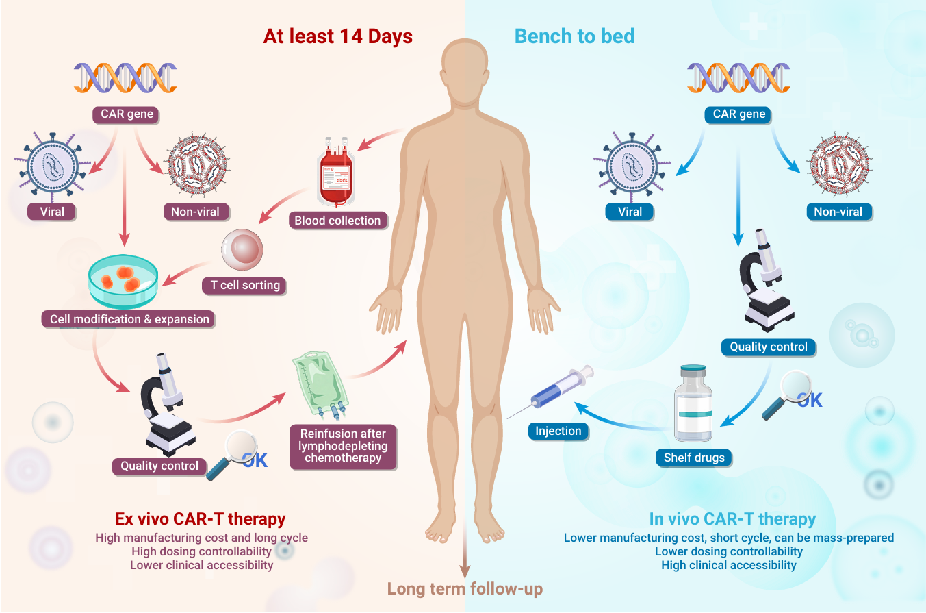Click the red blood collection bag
pos(335,172)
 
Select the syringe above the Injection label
pos(551,391)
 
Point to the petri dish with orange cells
pos(123,282)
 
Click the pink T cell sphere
pos(242,249)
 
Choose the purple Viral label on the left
pos(52,212)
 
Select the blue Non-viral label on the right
pos(839,212)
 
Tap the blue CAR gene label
pos(738,114)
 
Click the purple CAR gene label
pos(126,114)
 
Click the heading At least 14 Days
pos(337,36)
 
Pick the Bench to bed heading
pos(574,36)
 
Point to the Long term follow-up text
pos(465,588)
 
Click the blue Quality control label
pos(769,347)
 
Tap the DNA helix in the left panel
pos(125,78)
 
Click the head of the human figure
pos(465,71)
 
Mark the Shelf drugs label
pos(694,458)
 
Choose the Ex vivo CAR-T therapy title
pos(201,518)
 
